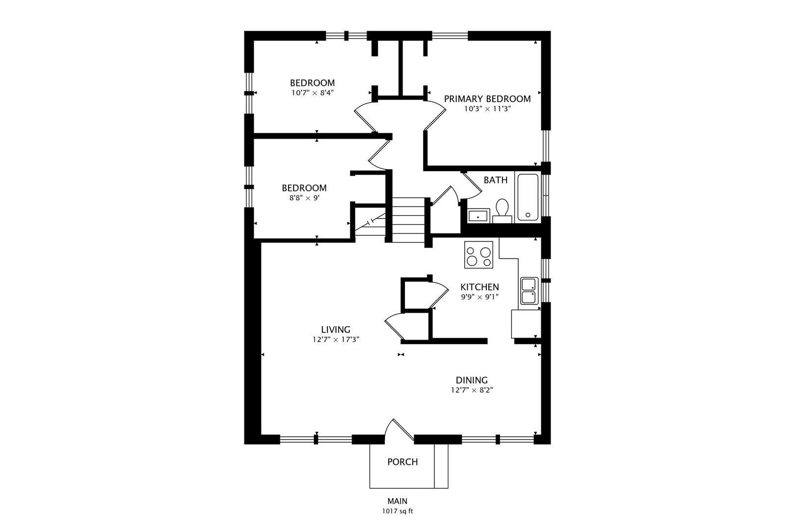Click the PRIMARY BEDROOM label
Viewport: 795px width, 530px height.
(x=487, y=99)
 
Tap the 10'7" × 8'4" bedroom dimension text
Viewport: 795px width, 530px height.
(x=312, y=92)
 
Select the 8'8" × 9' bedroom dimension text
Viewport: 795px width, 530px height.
(x=304, y=198)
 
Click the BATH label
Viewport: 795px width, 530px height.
(x=495, y=180)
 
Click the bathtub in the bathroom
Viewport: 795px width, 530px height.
(x=528, y=197)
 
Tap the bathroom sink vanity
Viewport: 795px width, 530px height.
(x=478, y=215)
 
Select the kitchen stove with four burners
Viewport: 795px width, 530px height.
(x=478, y=255)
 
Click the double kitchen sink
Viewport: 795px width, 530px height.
(x=529, y=291)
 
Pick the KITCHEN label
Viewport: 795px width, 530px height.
(x=479, y=287)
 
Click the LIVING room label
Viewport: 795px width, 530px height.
(x=336, y=330)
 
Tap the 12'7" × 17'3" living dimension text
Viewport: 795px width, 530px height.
(x=336, y=339)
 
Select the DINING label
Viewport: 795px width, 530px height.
(x=471, y=380)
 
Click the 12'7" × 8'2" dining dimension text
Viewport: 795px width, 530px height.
(x=471, y=390)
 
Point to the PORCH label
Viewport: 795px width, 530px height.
(x=402, y=462)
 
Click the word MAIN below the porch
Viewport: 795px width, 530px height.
(x=397, y=501)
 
